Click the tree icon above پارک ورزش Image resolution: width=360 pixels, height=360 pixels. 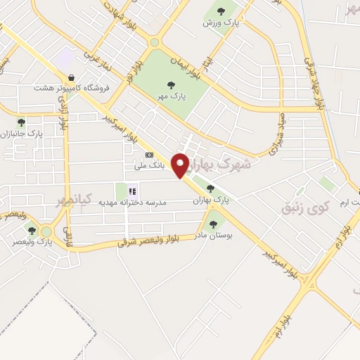coord(221,11)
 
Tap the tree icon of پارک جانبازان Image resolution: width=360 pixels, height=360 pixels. coord(21,122)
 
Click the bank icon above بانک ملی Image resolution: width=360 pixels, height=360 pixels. coord(148,155)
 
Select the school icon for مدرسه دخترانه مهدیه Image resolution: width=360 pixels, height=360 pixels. coord(131,190)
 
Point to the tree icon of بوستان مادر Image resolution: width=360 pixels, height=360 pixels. coord(214,224)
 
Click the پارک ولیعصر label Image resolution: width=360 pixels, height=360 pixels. coord(32,242)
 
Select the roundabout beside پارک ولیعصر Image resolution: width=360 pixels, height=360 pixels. coord(46,231)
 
